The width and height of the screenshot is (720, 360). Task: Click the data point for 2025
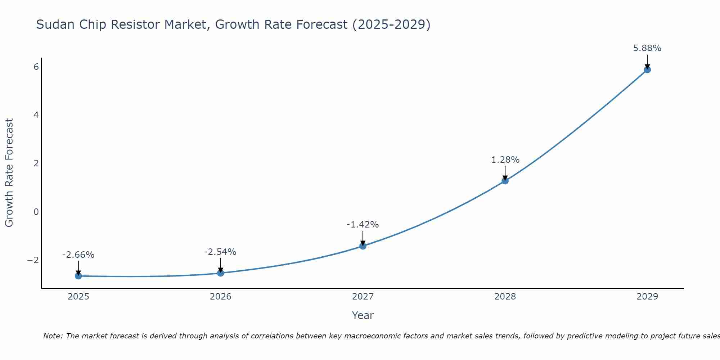[78, 276]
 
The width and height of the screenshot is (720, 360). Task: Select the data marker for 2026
[220, 273]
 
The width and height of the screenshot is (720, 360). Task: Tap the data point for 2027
[363, 246]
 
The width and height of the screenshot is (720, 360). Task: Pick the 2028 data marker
[505, 181]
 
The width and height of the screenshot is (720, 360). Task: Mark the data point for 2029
[647, 69]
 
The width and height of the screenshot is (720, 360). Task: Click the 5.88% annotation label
[647, 48]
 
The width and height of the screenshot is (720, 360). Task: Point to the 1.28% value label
[505, 160]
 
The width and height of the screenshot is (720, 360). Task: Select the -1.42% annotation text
[363, 225]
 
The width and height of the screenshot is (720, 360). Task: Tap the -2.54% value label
[220, 252]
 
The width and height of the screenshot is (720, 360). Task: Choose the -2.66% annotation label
[78, 255]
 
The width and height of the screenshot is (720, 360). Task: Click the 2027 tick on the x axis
[363, 297]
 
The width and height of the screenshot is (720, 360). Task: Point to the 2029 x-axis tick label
[647, 297]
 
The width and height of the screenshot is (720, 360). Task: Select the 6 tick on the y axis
[36, 67]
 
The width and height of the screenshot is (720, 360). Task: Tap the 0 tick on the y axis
[36, 212]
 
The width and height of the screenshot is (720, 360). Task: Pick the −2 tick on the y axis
[33, 260]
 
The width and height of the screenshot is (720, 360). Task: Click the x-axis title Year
[363, 315]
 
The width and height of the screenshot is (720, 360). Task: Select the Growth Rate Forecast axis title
[9, 173]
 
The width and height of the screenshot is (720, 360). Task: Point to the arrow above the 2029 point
[647, 61]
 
